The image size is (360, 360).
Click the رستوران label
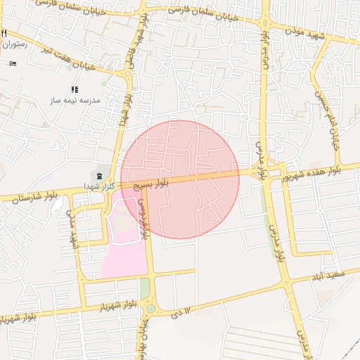[14, 44]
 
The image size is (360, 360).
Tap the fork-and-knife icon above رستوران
[4, 33]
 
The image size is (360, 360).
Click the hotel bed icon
[13, 63]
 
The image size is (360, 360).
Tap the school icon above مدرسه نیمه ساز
[75, 89]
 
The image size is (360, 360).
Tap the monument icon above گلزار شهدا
[99, 174]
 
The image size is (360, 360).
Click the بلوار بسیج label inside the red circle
[152, 185]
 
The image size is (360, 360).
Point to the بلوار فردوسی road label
[144, 219]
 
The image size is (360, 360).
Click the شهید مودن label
[319, 34]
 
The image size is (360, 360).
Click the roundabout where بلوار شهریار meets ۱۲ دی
[150, 308]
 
